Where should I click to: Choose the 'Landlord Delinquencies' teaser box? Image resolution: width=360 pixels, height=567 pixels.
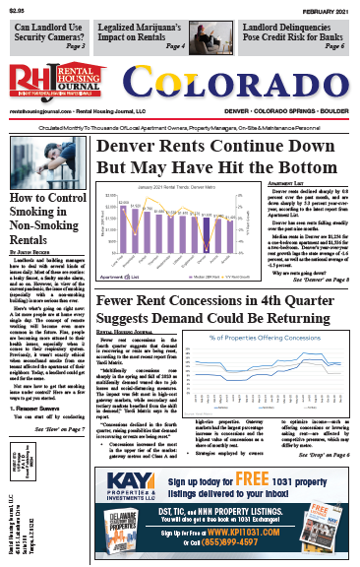pos(291,36)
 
